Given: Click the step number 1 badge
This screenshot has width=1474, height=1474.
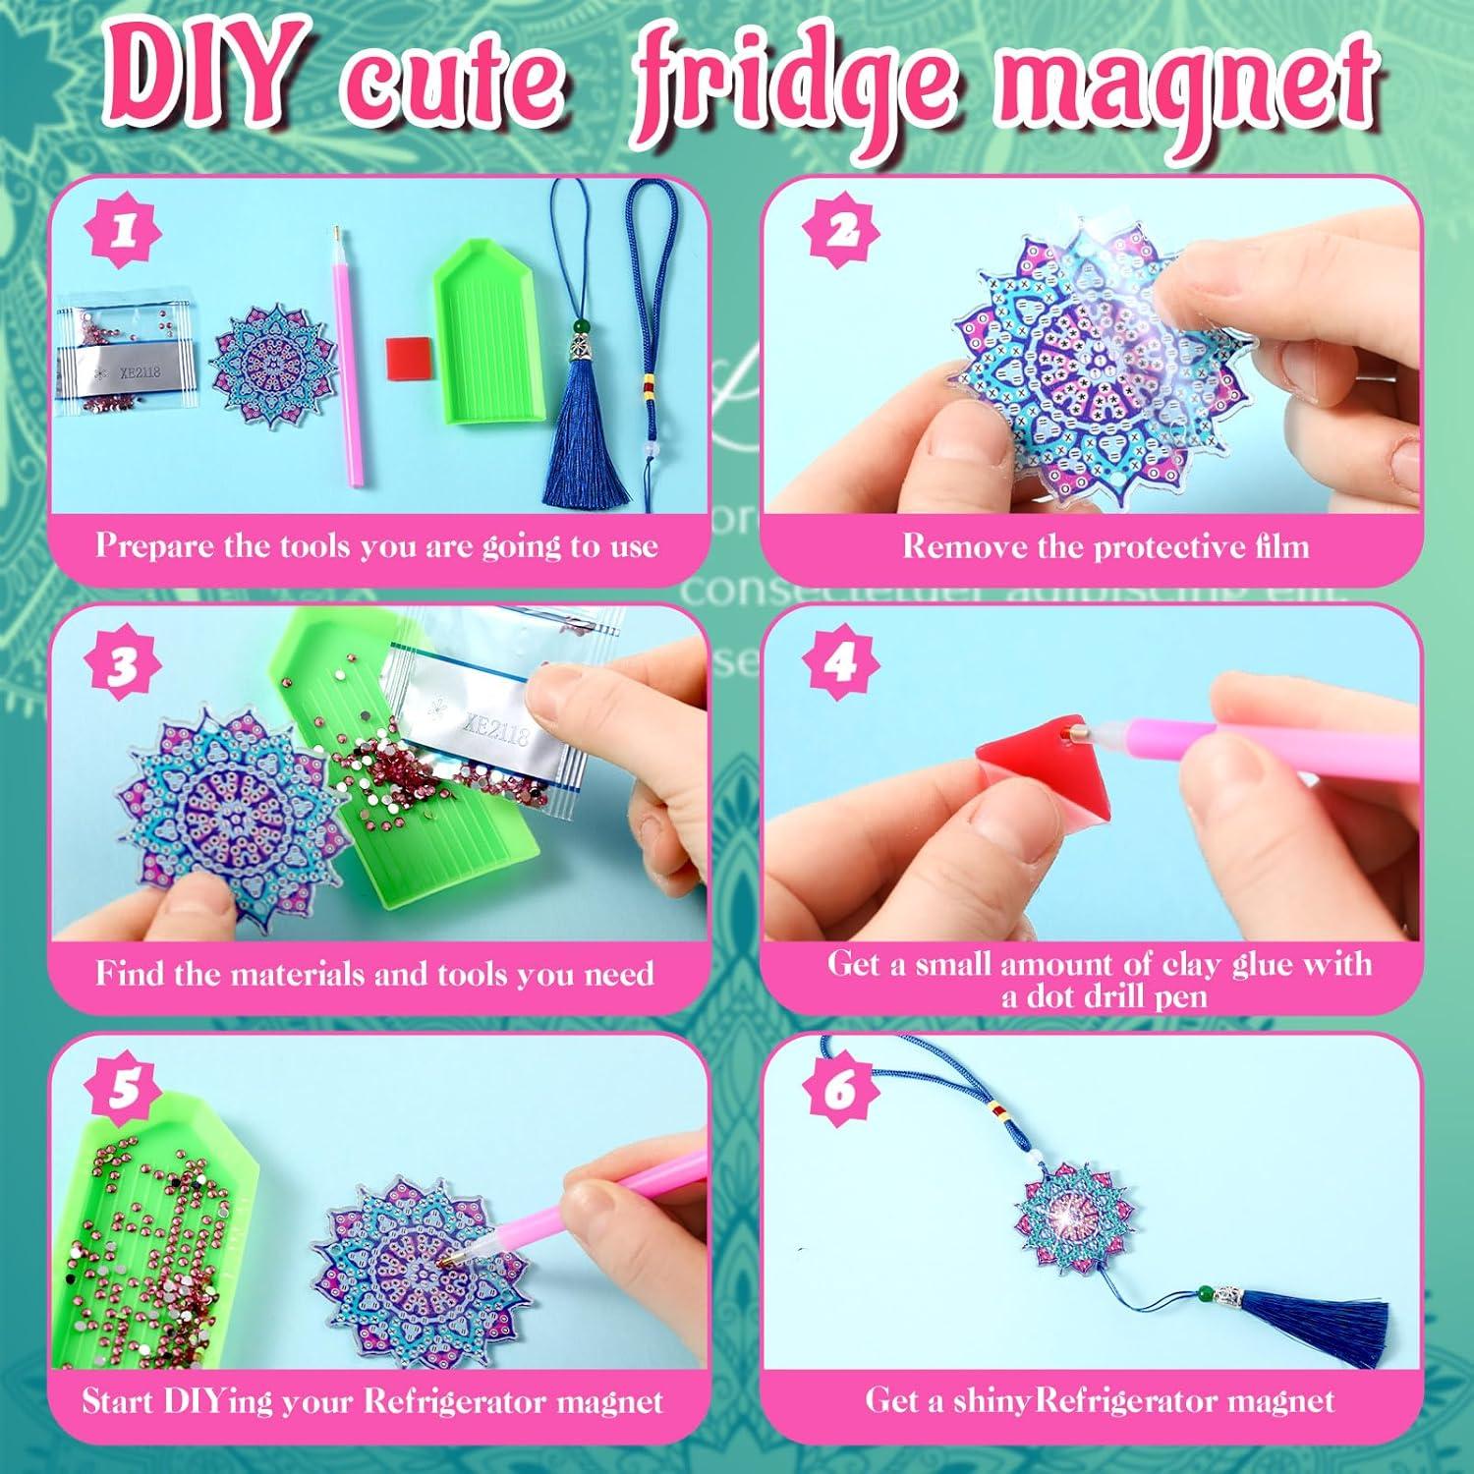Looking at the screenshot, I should point(124,233).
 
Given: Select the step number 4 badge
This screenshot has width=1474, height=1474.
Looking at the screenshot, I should point(838,664).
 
